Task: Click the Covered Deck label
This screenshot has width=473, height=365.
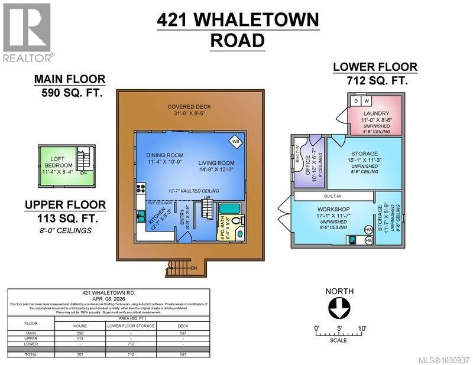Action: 189,106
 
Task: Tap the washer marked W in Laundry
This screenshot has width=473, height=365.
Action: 365,101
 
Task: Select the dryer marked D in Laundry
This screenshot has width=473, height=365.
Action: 356,101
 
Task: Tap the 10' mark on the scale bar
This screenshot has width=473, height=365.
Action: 361,328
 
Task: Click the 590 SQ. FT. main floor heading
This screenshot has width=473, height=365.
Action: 71,93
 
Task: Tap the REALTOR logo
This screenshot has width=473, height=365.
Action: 27,32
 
